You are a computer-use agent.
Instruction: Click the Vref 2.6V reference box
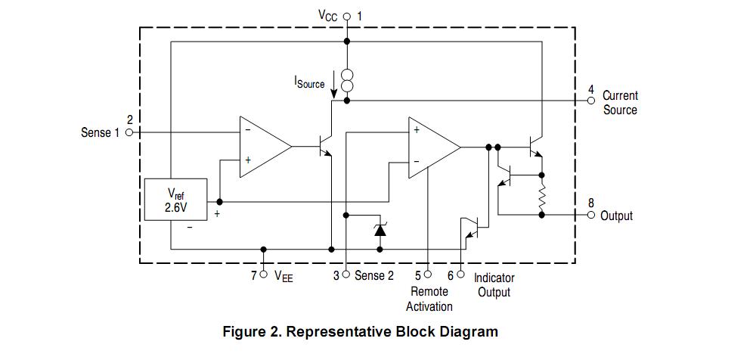pos(175,200)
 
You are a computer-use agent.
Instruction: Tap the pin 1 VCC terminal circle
pos(347,17)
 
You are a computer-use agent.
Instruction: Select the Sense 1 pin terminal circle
pos(129,132)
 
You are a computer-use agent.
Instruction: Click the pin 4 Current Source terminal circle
pos(590,101)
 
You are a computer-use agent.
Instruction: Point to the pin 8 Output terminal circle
pos(590,215)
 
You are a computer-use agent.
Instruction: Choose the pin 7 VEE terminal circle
pos(263,275)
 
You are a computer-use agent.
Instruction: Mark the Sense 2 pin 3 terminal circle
pos(346,275)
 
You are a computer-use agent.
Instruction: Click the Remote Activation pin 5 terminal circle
pos(428,275)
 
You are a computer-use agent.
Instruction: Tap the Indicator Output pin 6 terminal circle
pos(460,275)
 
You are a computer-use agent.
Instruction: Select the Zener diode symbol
pos(380,230)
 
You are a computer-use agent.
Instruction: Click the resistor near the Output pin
pos(542,198)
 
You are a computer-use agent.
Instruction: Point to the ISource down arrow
pos(333,86)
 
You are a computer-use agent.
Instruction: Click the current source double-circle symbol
pos(347,79)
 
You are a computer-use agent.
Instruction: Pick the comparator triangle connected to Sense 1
pos(265,147)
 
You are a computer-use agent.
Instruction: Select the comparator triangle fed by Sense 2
pos(434,147)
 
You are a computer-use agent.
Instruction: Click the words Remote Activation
pos(429,299)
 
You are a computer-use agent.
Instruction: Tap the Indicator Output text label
pos(494,285)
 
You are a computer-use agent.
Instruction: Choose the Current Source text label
pos(620,102)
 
